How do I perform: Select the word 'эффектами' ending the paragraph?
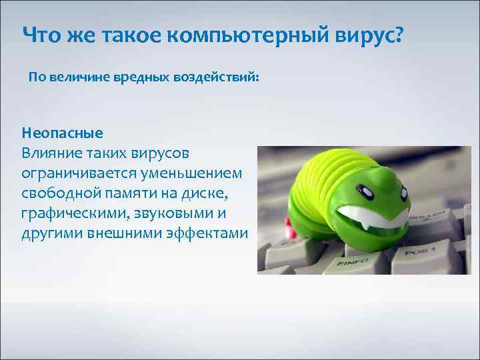click(x=211, y=235)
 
